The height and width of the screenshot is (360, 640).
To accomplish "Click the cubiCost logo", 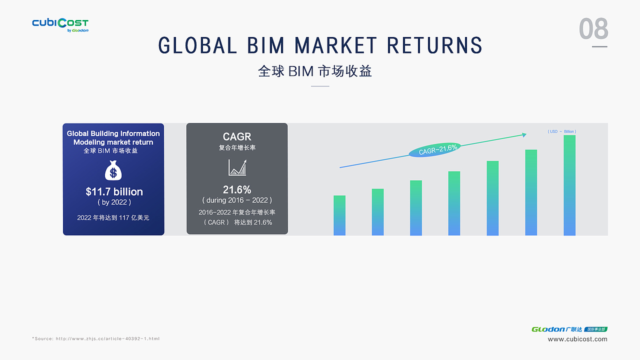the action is (60, 25).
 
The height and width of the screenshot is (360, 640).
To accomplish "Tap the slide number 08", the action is (593, 28).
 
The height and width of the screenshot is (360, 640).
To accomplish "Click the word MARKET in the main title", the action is (335, 45).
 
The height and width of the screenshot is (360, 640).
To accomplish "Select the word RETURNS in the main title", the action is (434, 45).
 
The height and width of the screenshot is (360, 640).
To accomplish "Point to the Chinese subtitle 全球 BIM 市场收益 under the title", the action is (315, 71).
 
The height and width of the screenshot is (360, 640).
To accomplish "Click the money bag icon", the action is (113, 170).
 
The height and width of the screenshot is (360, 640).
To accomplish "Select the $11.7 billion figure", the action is (114, 191).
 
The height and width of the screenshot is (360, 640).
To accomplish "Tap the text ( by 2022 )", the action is (114, 202).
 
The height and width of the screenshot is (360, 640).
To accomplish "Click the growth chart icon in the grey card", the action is (237, 167).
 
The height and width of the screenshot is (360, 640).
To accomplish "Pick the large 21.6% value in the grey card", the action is (237, 189).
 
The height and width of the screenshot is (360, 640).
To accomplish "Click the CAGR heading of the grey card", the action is (237, 136).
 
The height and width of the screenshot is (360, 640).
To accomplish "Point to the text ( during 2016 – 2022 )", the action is (237, 200).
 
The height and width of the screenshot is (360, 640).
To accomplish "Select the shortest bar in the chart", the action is (339, 215).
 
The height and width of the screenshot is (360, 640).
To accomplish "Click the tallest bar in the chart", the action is (569, 185).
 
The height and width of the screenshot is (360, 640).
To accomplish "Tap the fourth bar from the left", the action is (454, 203).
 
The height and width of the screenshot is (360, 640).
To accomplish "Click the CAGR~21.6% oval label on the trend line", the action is (435, 149).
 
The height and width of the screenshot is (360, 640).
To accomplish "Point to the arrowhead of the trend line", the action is (524, 135).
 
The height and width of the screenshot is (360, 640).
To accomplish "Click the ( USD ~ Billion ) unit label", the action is (561, 131).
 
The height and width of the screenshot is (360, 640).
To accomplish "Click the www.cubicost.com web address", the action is (577, 339).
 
